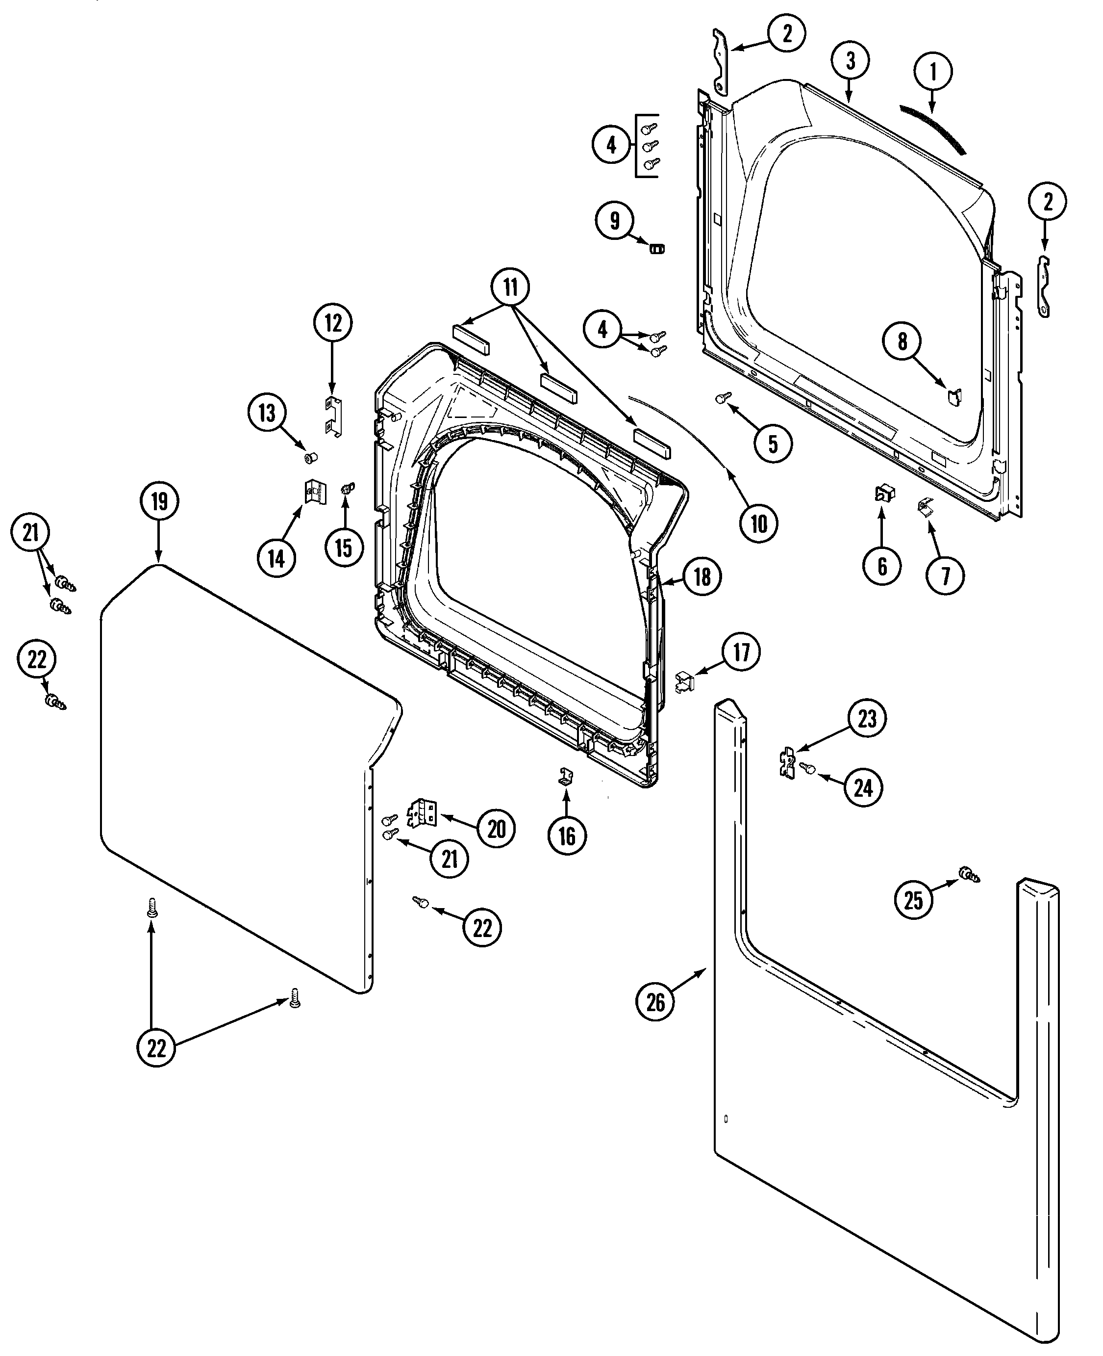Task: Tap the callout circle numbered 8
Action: click(902, 342)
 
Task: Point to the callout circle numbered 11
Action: click(511, 287)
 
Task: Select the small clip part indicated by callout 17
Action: click(684, 681)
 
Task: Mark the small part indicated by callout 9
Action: click(656, 247)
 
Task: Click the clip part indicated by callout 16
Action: click(566, 776)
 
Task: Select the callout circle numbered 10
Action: click(759, 524)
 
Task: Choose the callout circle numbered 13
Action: click(267, 413)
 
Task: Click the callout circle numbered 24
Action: click(863, 788)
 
